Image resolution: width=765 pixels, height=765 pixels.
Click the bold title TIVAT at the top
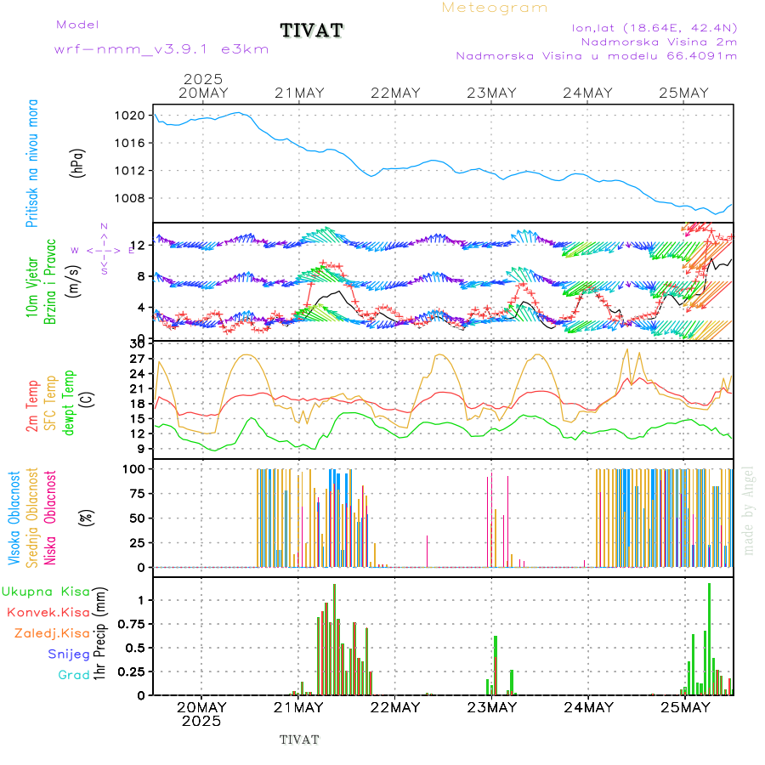tap(311, 31)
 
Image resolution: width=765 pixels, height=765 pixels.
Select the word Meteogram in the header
tap(495, 8)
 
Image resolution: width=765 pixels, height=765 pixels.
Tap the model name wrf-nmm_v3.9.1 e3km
tap(161, 49)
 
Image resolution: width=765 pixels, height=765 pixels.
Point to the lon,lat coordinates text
tap(654, 27)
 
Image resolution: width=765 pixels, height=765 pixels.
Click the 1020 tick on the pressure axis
tap(131, 115)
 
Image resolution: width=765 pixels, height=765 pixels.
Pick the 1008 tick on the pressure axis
tap(131, 198)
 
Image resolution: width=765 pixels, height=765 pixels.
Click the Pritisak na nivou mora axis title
tap(31, 163)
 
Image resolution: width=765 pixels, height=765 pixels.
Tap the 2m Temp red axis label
tap(31, 406)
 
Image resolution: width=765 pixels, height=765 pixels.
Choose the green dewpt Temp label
tap(69, 401)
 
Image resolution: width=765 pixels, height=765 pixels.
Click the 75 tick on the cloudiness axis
tap(137, 493)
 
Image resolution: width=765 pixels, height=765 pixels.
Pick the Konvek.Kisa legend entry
tap(48, 612)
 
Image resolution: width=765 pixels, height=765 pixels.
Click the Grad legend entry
tap(73, 675)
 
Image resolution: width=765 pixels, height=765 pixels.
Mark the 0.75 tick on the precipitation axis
tap(131, 624)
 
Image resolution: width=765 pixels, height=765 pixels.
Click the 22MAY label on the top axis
tap(395, 93)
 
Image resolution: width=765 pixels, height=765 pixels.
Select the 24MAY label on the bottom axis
tap(588, 707)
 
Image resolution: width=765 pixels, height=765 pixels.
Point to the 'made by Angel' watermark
tap(749, 510)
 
